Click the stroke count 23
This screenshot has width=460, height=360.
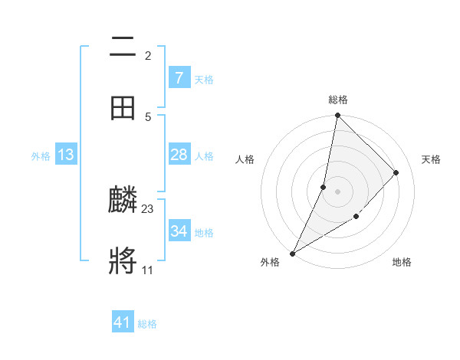click(148, 208)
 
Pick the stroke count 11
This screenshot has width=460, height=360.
click(147, 270)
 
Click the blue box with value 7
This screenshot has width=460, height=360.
click(179, 78)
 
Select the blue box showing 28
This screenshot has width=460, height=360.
click(179, 155)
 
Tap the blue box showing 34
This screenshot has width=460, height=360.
click(179, 231)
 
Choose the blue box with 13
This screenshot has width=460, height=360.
click(66, 155)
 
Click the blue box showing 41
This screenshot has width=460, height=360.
click(123, 322)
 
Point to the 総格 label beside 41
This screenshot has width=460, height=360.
click(147, 324)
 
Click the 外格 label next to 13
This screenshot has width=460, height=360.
click(41, 156)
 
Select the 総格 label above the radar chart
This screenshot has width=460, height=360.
click(338, 100)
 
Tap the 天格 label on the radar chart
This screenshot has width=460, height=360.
click(431, 159)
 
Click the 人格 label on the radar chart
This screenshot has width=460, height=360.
click(245, 159)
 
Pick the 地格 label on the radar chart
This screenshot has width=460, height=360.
click(402, 262)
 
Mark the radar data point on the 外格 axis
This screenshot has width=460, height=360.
click(292, 254)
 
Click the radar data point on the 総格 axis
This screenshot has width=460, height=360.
click(337, 116)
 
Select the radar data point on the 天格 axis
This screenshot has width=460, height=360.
click(396, 172)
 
